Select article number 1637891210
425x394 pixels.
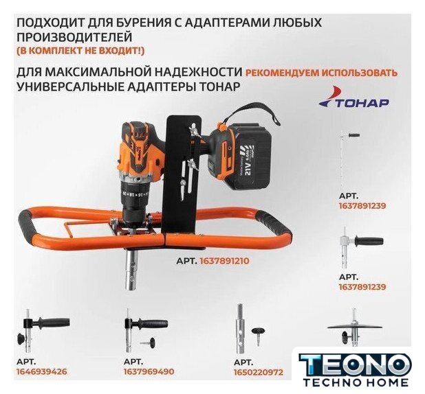(224, 261)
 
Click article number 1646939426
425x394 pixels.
(42, 371)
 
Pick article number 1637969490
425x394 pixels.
(149, 371)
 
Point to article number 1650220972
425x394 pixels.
(259, 372)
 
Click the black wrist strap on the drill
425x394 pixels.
(252, 117)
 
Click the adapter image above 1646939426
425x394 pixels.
(43, 331)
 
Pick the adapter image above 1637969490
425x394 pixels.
(146, 331)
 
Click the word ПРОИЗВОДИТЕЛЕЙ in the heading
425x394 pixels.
(74, 36)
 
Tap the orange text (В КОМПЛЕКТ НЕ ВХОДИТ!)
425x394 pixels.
(80, 51)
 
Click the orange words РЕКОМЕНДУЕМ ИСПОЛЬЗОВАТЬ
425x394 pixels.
(321, 73)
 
